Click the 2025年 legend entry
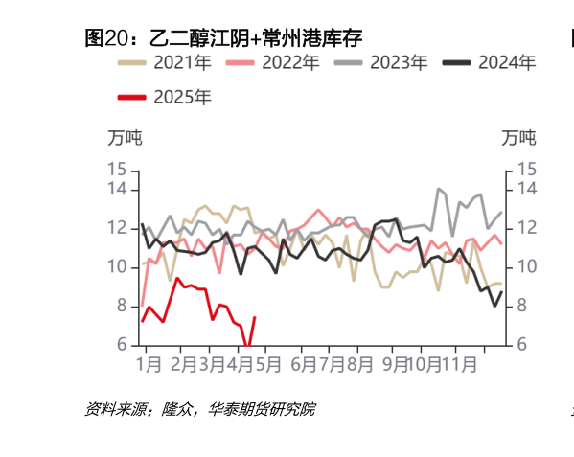click(x=165, y=97)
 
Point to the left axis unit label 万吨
click(x=124, y=138)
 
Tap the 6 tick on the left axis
click(x=122, y=345)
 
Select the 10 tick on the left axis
click(x=117, y=266)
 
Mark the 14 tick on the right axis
click(x=527, y=189)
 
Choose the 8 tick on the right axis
click(x=522, y=306)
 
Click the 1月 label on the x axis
click(x=149, y=365)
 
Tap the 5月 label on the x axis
click(x=269, y=365)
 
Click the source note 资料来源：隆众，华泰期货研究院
click(x=199, y=410)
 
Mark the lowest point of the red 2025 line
click(x=248, y=347)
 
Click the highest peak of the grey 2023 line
click(x=438, y=189)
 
